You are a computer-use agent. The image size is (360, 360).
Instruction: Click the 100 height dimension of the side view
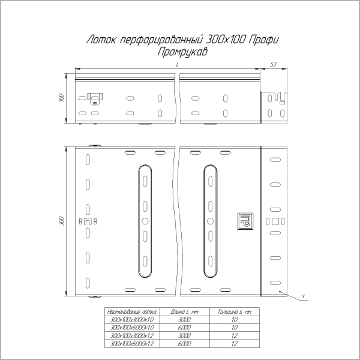[x=61, y=98]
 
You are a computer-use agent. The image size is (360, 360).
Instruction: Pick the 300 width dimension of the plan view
[x=61, y=221]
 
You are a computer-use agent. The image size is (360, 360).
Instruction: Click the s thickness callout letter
[x=304, y=296]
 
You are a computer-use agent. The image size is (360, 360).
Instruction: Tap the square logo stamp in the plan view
[x=246, y=221]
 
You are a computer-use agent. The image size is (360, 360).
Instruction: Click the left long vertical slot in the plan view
[x=144, y=221]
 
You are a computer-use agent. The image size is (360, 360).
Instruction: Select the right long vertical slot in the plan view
[x=210, y=221]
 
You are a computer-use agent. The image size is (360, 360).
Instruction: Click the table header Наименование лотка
[x=131, y=312]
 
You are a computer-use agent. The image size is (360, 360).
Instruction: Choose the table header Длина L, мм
[x=185, y=312]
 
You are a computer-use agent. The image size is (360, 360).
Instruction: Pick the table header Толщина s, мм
[x=234, y=312]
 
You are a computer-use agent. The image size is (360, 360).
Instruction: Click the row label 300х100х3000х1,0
[x=131, y=320]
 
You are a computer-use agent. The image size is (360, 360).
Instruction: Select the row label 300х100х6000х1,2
[x=131, y=344]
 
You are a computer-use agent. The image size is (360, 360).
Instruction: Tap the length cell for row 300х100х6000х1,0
[x=185, y=328]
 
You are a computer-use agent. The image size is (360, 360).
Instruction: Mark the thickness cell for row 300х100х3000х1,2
[x=234, y=336]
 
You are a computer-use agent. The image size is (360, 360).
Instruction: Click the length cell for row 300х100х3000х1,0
[x=185, y=320]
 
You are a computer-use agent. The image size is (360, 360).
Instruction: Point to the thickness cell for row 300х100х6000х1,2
[x=234, y=344]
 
